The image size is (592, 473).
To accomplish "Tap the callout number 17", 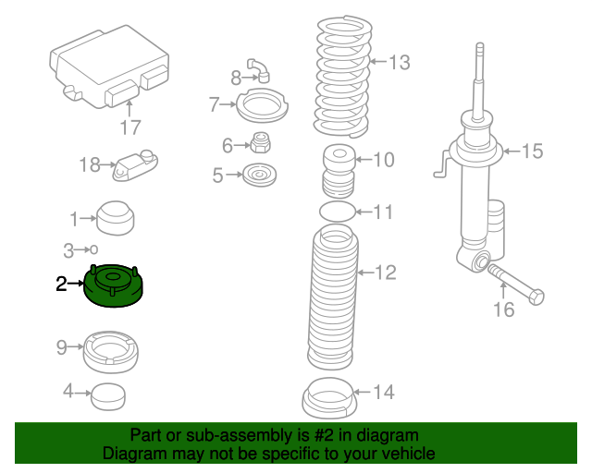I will point(129,127).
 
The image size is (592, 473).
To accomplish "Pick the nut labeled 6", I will point(260,143).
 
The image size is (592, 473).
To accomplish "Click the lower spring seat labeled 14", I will point(328,399).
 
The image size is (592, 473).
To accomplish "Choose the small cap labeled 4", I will point(108,395).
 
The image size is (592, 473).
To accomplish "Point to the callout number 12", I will point(385,272).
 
